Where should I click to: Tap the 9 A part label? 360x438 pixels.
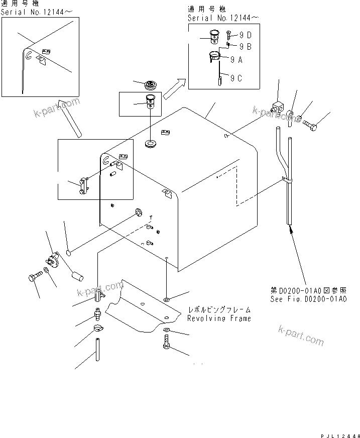[236, 59]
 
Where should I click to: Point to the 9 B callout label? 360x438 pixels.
[245, 47]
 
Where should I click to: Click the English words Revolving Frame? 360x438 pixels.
[218, 318]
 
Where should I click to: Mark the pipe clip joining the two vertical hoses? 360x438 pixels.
[286, 179]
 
